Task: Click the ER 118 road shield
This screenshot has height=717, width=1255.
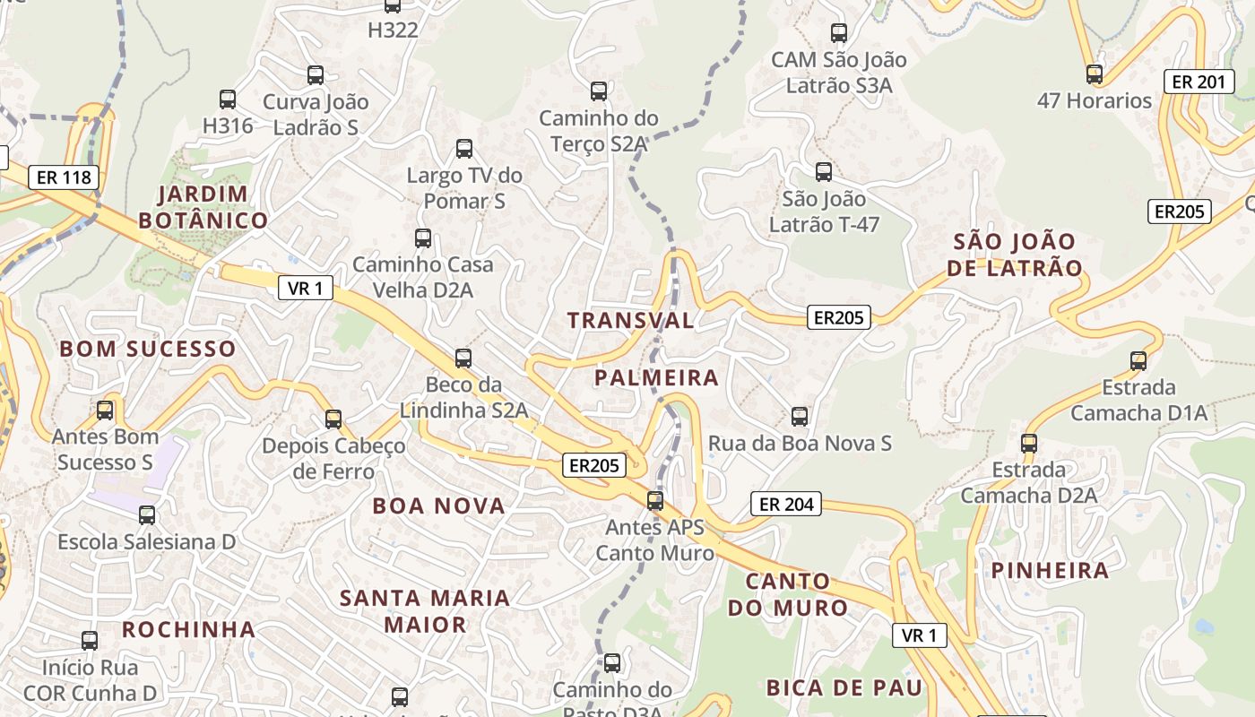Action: (x=62, y=177)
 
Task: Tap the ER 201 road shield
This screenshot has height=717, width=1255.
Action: (x=1198, y=82)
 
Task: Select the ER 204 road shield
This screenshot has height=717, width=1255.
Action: (x=786, y=504)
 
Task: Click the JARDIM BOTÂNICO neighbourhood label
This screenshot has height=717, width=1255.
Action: (x=203, y=207)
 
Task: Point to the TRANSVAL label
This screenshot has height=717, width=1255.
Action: (x=630, y=320)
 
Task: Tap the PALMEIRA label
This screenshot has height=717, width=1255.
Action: (x=656, y=377)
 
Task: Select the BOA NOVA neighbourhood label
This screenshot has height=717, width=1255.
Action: (x=439, y=505)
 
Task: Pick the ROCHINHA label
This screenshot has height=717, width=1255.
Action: (x=189, y=629)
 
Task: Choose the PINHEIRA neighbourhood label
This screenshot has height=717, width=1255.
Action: (x=1050, y=570)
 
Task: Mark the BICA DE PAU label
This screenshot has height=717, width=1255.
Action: (x=844, y=687)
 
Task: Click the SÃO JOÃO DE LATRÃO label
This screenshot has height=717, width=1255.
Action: (x=1015, y=254)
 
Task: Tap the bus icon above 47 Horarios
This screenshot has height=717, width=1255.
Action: (x=1094, y=73)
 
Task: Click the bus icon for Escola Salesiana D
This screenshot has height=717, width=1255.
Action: (x=146, y=515)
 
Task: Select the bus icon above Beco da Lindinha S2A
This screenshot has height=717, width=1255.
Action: (x=463, y=358)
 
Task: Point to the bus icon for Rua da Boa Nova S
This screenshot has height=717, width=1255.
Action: (x=799, y=417)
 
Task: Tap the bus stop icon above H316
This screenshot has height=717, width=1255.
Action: (x=227, y=99)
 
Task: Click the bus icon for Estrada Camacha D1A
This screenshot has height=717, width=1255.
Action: (x=1138, y=361)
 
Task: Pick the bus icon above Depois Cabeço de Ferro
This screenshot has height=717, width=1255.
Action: (x=333, y=419)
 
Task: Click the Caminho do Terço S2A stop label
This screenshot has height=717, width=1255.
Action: (x=598, y=131)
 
